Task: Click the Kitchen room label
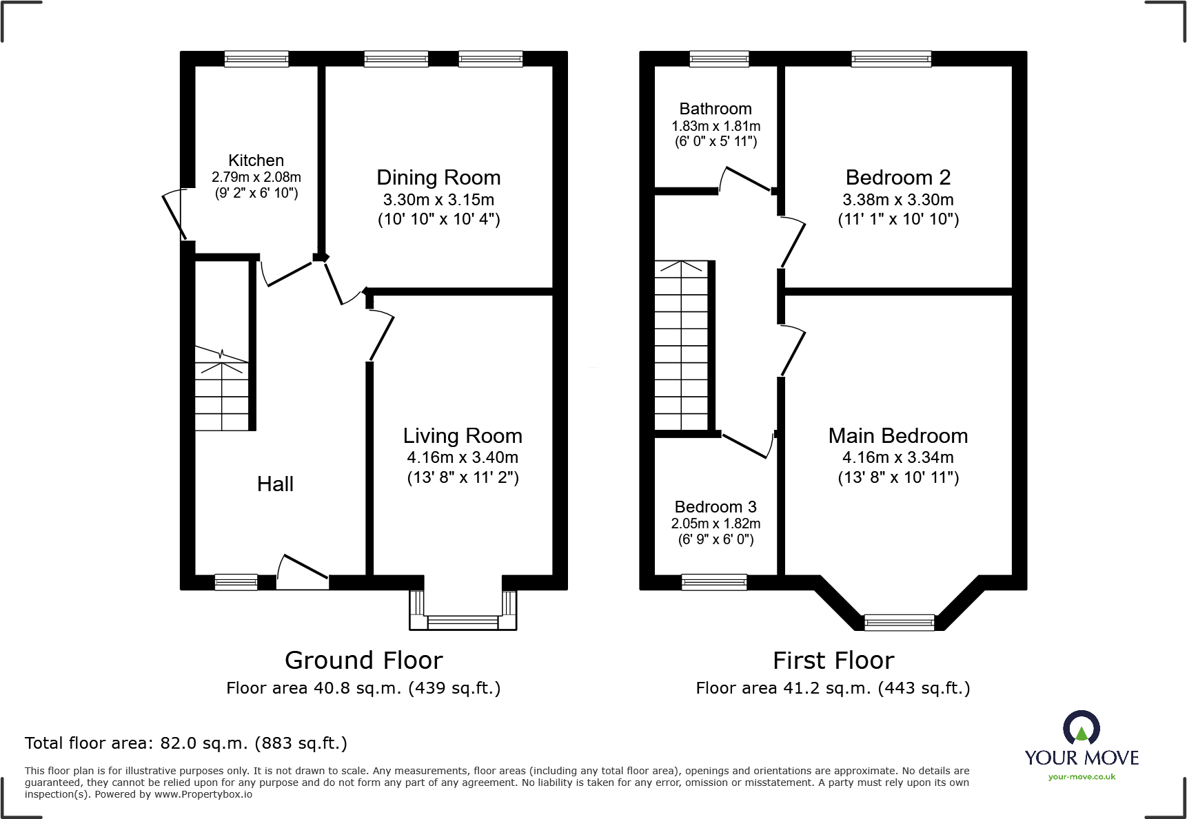[256, 160]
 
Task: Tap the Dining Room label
[438, 178]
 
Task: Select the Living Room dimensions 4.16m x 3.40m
[463, 457]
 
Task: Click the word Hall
[275, 484]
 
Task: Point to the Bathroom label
[716, 109]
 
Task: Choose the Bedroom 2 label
[898, 178]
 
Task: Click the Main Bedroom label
[898, 436]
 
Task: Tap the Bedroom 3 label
[716, 507]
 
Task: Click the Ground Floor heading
[363, 661]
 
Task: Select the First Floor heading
[833, 661]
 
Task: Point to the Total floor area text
[186, 743]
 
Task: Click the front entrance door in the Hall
[303, 572]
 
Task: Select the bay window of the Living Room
[463, 611]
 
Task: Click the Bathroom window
[719, 59]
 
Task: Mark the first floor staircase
[681, 346]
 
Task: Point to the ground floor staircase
[221, 388]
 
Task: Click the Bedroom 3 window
[714, 583]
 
